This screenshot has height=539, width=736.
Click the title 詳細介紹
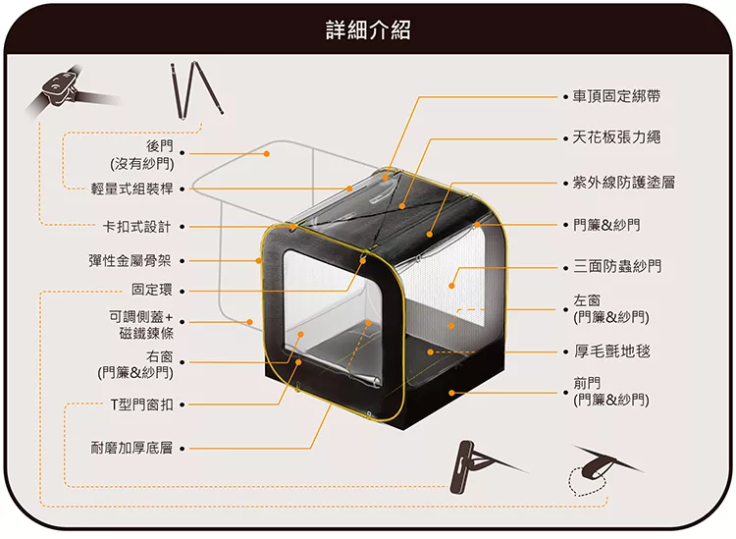click(x=368, y=30)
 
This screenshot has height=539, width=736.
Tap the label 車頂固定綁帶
click(x=616, y=96)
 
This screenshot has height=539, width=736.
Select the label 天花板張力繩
click(x=616, y=137)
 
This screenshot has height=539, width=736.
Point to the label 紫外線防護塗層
click(x=624, y=183)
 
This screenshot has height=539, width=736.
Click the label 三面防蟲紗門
click(x=617, y=266)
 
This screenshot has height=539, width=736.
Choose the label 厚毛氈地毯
click(x=611, y=350)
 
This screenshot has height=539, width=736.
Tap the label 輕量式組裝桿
click(x=131, y=189)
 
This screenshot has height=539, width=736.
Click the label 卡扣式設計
click(x=137, y=227)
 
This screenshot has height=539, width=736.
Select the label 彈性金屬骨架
click(x=130, y=260)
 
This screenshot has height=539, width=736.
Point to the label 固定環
click(x=151, y=290)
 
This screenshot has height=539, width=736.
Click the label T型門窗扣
click(x=141, y=404)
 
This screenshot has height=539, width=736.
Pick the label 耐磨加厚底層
click(x=131, y=448)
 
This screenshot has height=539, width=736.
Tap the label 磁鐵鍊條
click(x=146, y=333)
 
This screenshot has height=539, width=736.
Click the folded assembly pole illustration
click(x=196, y=89)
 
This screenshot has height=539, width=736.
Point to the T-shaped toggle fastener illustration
click(x=484, y=467)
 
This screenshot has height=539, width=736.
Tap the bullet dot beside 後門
click(x=182, y=153)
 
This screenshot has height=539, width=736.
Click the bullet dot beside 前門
click(x=566, y=393)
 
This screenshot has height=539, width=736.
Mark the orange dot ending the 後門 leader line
click(x=267, y=153)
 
